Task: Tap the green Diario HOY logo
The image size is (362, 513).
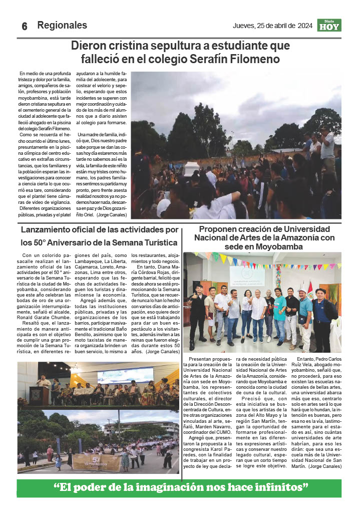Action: pyautogui.click(x=329, y=25)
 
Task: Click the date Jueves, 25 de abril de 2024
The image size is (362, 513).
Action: pyautogui.click(x=272, y=26)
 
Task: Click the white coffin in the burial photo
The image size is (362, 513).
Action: pyautogui.click(x=191, y=169)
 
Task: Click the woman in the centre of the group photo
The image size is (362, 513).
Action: pyautogui.click(x=246, y=311)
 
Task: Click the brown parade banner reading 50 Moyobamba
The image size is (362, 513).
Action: pyautogui.click(x=96, y=462)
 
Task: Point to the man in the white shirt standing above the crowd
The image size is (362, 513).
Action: pyautogui.click(x=327, y=148)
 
